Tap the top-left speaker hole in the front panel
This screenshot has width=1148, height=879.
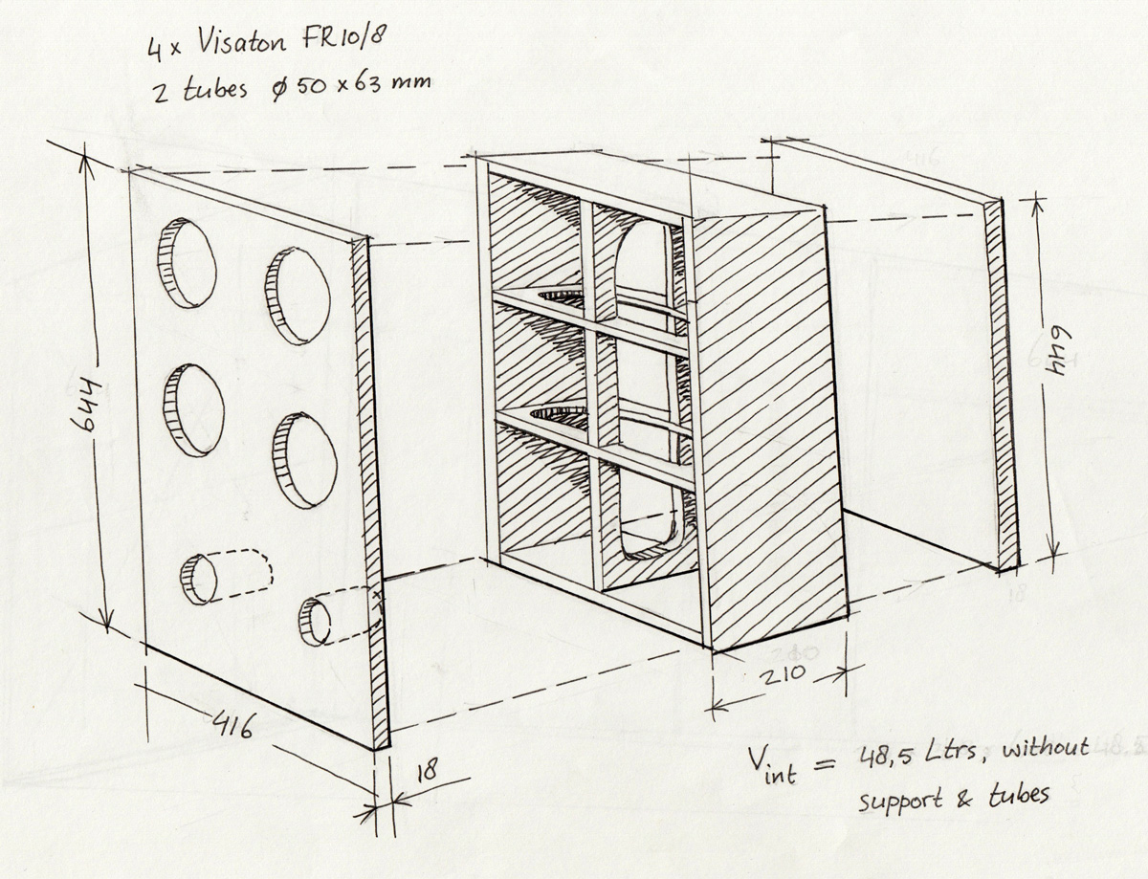[188, 263]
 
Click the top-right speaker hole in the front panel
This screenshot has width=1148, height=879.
[298, 295]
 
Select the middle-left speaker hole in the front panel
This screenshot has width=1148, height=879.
[193, 409]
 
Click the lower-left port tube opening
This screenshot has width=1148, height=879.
[198, 579]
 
